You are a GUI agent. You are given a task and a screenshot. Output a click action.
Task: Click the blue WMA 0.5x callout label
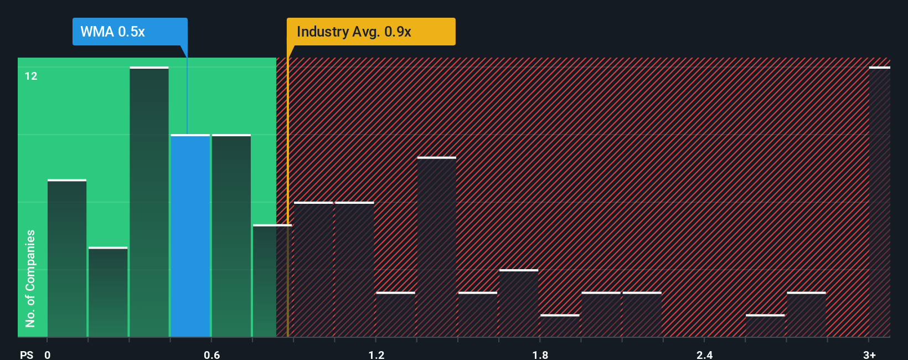[x=130, y=32]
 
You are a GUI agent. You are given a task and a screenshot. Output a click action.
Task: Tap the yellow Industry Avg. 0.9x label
[x=370, y=32]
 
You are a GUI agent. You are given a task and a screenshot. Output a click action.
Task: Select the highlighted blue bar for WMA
[x=190, y=235]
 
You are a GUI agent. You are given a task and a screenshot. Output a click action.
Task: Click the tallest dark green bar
[x=149, y=202]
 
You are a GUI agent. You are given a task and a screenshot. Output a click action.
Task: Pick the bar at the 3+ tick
[x=879, y=202]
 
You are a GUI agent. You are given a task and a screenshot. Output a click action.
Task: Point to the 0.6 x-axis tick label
[x=212, y=354]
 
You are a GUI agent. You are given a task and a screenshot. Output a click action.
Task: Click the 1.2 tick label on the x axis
[x=376, y=354]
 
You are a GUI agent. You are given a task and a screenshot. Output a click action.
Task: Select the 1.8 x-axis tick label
[x=540, y=354]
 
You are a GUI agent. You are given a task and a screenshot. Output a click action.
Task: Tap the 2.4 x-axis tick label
[x=704, y=354]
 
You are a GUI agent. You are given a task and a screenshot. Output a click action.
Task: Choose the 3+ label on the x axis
[x=869, y=354]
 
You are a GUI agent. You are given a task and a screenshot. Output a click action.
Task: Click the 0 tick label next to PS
[x=48, y=354]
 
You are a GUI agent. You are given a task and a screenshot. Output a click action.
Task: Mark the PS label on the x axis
[x=27, y=354]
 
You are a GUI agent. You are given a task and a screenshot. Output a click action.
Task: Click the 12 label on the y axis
[x=31, y=76]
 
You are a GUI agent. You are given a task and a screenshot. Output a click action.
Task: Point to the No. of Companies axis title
[x=30, y=278]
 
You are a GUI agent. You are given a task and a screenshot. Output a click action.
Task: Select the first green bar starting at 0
[x=67, y=258]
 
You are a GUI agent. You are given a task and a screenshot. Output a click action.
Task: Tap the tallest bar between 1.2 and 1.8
[x=437, y=247]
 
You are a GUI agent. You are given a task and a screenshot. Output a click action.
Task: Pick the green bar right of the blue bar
[x=231, y=235]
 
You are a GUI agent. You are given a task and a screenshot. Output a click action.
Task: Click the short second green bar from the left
[x=108, y=292]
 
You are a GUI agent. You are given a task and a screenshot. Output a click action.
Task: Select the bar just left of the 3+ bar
[x=806, y=315]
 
